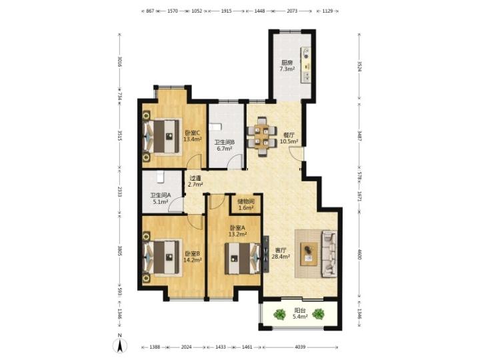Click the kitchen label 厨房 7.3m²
click(287, 66)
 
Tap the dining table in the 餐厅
click(262, 137)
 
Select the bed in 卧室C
click(163, 136)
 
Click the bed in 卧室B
click(163, 257)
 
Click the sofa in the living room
click(329, 254)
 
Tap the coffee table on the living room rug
click(309, 254)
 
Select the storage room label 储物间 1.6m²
click(246, 205)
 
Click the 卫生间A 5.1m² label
click(161, 199)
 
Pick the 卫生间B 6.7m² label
click(225, 145)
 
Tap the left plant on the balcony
click(279, 314)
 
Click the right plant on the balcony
click(319, 314)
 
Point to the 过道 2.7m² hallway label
click(195, 181)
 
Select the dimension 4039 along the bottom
click(300, 347)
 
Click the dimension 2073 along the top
click(292, 11)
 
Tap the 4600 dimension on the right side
click(360, 254)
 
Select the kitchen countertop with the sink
click(306, 65)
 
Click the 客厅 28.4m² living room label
click(281, 253)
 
